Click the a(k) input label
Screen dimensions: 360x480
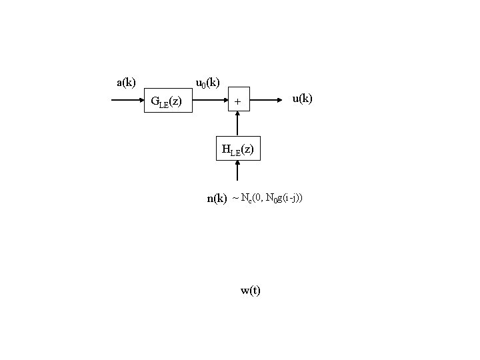pyautogui.click(x=126, y=83)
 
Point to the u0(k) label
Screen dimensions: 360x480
pyautogui.click(x=207, y=83)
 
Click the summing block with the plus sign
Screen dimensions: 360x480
pyautogui.click(x=237, y=101)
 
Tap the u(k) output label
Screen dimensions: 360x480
pyautogui.click(x=302, y=99)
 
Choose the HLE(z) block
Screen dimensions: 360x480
pyautogui.click(x=237, y=149)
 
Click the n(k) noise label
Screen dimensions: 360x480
pyautogui.click(x=217, y=198)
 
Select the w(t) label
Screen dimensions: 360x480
pyautogui.click(x=251, y=290)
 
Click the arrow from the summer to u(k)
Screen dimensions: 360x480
pyautogui.click(x=267, y=101)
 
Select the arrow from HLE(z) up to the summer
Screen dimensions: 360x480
pyautogui.click(x=237, y=125)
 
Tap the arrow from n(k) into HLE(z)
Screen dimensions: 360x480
pyautogui.click(x=237, y=172)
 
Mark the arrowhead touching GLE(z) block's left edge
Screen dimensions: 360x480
pyautogui.click(x=142, y=101)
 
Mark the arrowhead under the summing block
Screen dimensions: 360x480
pyautogui.click(x=237, y=116)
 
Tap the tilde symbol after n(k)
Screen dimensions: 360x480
pyautogui.click(x=235, y=198)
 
